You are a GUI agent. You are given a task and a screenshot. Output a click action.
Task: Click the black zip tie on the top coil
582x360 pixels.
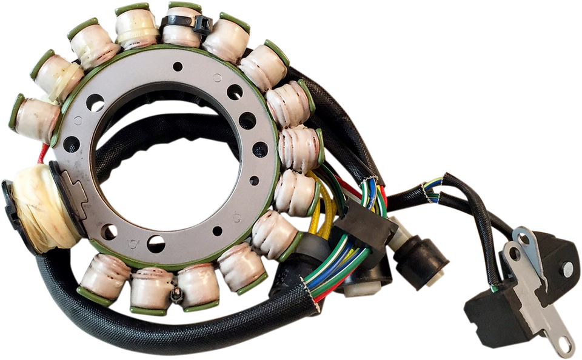(185, 23)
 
